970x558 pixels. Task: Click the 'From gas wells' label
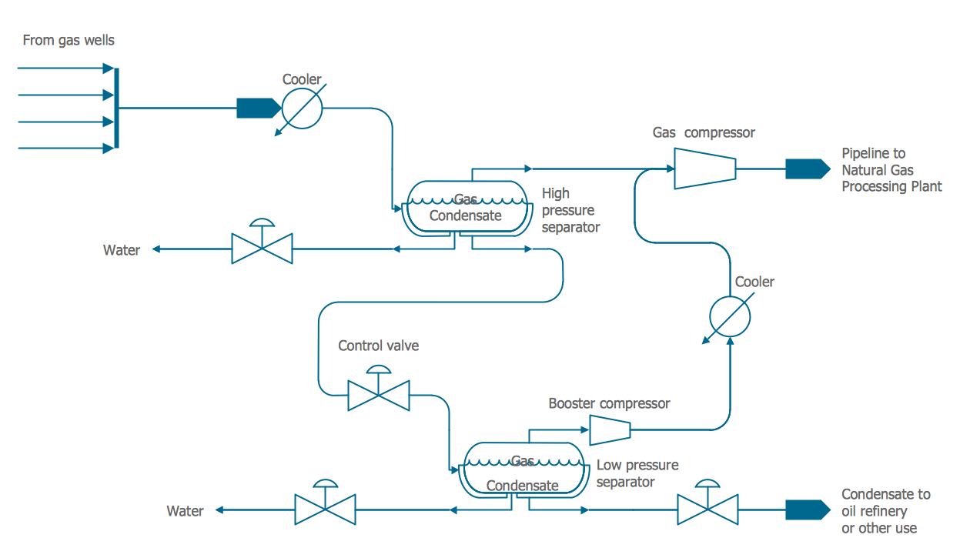69,40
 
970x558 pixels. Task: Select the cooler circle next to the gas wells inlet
302,109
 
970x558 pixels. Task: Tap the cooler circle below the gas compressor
729,316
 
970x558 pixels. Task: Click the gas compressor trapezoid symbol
704,168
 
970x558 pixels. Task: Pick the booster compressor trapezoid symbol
610,429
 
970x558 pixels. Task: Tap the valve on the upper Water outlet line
263,248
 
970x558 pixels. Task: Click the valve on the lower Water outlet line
326,510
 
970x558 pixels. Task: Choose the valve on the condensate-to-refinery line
707,510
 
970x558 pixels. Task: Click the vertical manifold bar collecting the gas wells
116,108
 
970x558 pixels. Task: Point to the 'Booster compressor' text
609,403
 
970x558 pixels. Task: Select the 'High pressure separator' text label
570,210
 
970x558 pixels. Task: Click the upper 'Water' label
122,250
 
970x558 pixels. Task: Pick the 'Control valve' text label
379,346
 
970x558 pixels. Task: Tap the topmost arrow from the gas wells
65,68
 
